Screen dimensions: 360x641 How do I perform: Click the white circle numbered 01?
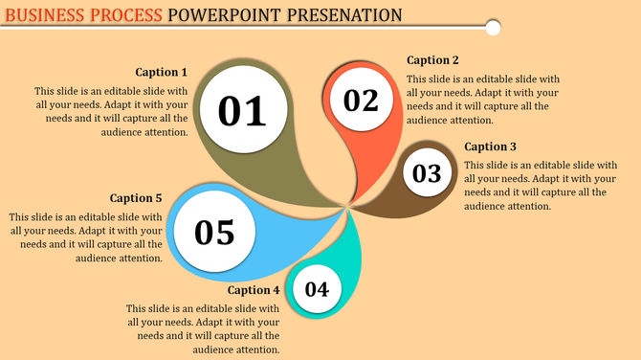point(242,111)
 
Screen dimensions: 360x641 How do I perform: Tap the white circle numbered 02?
point(362,101)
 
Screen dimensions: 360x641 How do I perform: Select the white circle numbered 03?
point(427,173)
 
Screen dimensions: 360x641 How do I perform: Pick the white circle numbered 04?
point(318,289)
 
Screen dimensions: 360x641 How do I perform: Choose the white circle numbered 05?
point(214,232)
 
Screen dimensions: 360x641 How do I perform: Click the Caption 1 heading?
point(161,72)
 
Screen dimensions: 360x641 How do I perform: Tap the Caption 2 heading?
point(432,60)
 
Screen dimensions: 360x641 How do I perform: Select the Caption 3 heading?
point(490,146)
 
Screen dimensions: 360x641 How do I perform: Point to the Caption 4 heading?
point(254,290)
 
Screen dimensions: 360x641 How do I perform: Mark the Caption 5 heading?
point(136,198)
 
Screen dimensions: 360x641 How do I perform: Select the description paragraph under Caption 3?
point(541,186)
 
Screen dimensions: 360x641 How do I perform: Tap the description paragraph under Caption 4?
point(203,329)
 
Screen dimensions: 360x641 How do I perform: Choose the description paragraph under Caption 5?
point(86,237)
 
